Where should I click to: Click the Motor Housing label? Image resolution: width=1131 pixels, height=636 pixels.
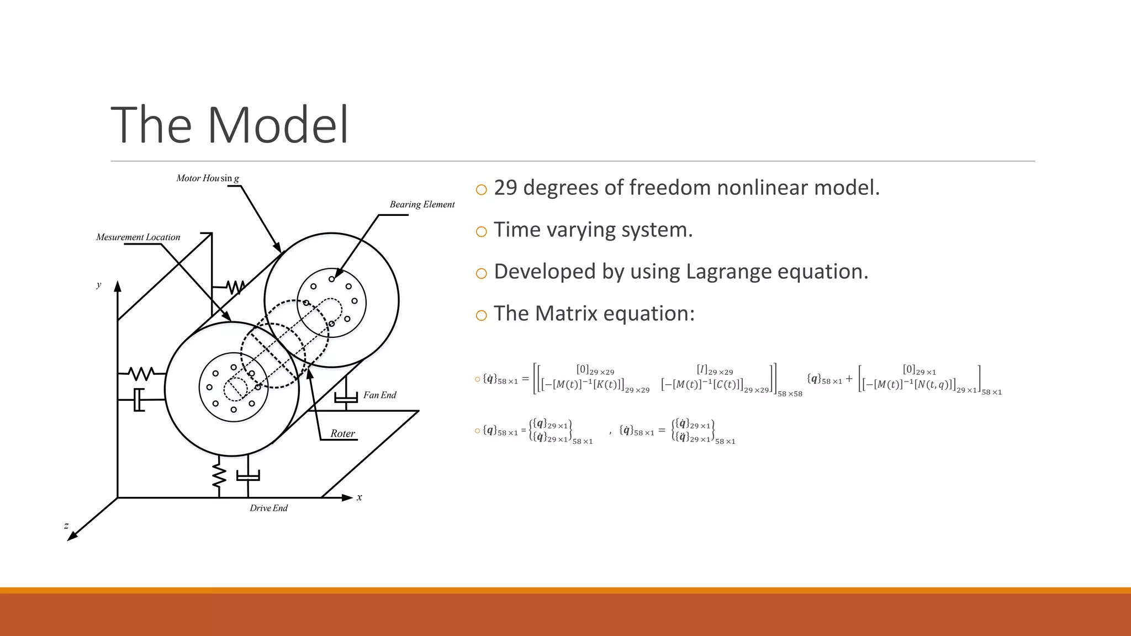tap(208, 178)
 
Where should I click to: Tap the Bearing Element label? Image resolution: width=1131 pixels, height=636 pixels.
tap(422, 204)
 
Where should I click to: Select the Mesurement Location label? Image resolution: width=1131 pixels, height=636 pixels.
tap(138, 237)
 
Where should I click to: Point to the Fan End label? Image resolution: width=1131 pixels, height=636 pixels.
tap(380, 395)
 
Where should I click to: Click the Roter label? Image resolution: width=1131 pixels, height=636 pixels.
tap(342, 434)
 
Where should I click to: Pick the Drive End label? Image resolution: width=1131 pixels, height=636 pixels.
tap(268, 508)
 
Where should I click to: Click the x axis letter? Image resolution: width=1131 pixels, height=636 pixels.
tap(360, 497)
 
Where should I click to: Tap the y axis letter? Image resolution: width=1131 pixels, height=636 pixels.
tap(99, 285)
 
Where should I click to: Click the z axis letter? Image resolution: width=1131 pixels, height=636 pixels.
tap(66, 526)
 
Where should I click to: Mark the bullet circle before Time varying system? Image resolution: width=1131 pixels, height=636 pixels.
tap(481, 232)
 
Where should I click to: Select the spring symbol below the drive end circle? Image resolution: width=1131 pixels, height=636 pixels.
tap(219, 475)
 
